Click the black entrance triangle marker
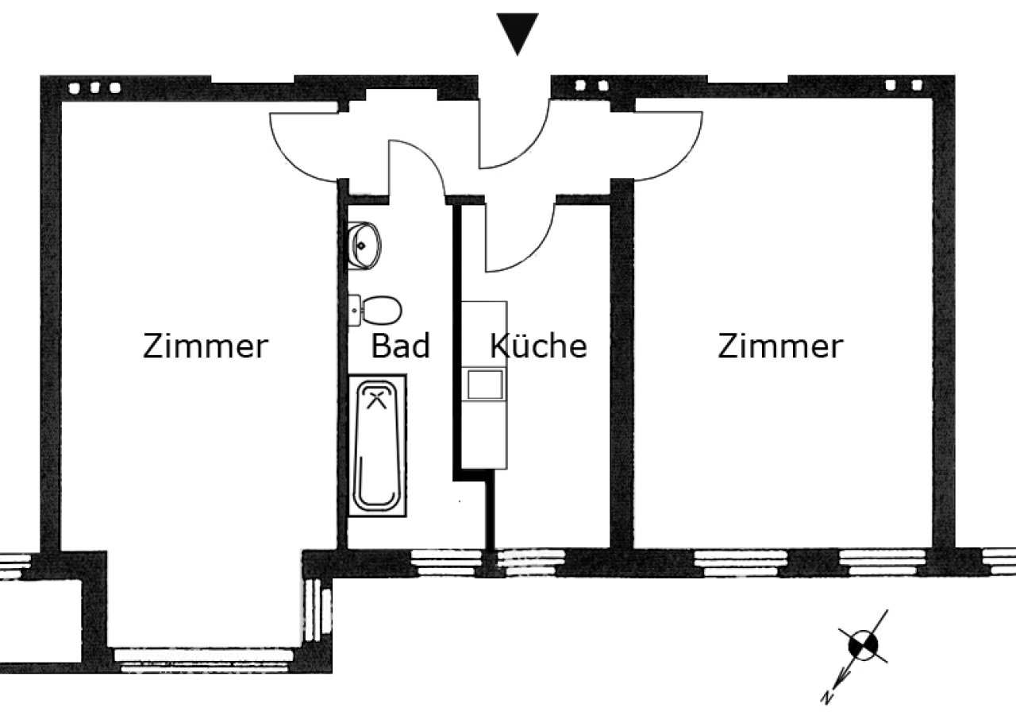518,32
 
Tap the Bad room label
401,346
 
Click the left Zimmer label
206,346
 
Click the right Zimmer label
780,346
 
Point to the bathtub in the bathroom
377,445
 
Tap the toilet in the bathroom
375,311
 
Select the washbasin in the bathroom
364,246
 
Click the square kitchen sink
485,385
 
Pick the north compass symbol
863,645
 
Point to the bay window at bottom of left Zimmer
203,661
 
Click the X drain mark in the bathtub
376,400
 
